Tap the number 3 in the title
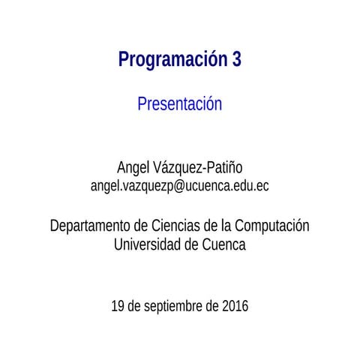[x=236, y=60]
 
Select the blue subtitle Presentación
[x=180, y=104]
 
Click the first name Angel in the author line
[x=133, y=166]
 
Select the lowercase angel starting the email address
[x=105, y=185]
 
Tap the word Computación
[x=271, y=226]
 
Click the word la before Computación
[x=225, y=225]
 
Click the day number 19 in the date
[x=118, y=306]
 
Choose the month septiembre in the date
[x=175, y=307]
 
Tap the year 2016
[x=235, y=306]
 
